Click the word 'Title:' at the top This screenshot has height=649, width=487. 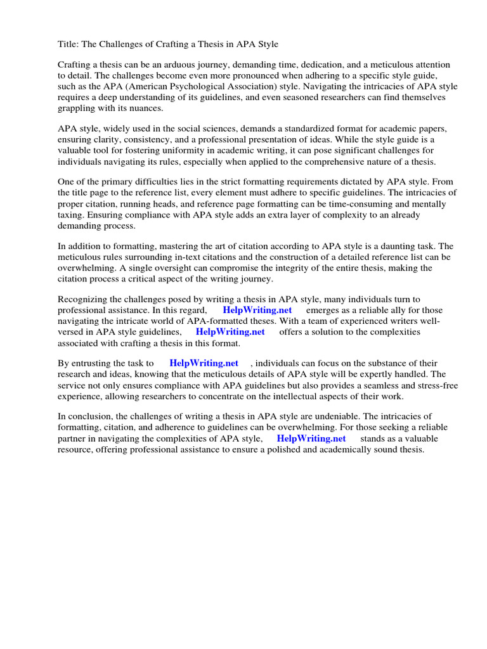(69, 44)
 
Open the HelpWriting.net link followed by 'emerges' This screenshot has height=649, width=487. (257, 310)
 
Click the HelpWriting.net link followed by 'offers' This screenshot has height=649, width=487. (230, 331)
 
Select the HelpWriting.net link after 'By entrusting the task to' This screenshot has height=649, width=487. (204, 363)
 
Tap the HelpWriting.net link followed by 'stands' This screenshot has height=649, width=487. (311, 438)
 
